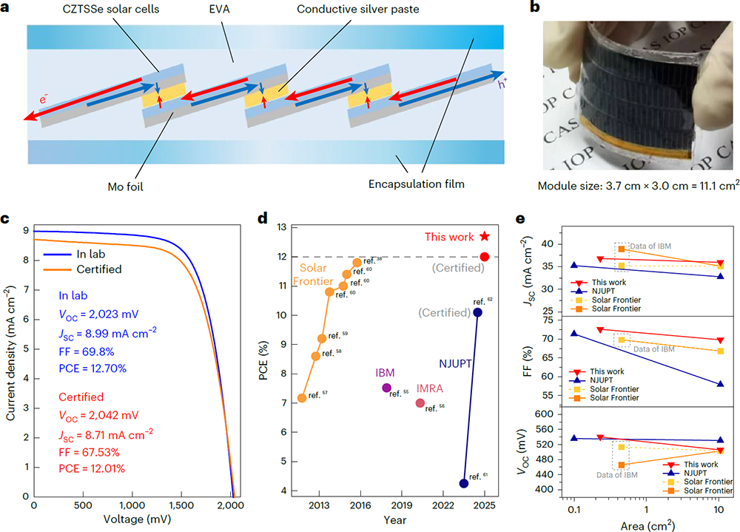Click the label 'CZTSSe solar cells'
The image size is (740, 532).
click(139, 9)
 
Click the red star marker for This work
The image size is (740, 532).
click(485, 236)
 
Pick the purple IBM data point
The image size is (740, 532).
click(386, 388)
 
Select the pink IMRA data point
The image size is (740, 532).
click(420, 403)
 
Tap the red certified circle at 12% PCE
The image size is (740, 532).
click(485, 257)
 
